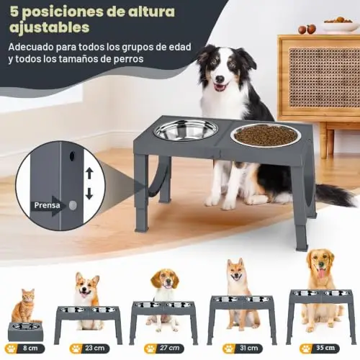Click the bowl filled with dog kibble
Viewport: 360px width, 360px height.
pos(265,135)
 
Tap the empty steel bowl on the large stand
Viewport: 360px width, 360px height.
pos(186,130)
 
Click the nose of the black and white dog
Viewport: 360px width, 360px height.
pos(220,78)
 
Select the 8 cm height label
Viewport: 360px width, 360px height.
pos(27,348)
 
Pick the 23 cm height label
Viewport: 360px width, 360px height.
pos(89,348)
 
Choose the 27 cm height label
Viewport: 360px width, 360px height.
pos(164,348)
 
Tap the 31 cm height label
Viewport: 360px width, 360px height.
pos(243,348)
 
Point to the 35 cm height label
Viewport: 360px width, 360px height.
pos(320,348)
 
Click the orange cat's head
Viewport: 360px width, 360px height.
pos(27,296)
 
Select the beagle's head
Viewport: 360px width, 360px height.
pos(165,279)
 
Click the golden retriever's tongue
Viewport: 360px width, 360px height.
pos(321,274)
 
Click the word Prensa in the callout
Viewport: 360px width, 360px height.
pos(47,205)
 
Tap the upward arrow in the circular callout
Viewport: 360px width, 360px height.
pos(89,174)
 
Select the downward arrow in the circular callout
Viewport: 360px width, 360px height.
pos(89,194)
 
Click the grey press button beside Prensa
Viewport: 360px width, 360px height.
pos(73,205)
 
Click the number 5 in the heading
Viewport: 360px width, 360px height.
pos(14,12)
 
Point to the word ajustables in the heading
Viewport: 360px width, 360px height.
pos(50,28)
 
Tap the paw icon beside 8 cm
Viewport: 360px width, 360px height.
pos(12,348)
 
